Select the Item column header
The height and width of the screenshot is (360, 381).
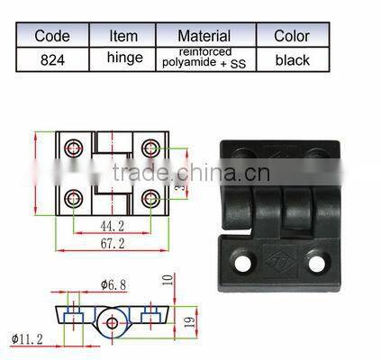(123, 36)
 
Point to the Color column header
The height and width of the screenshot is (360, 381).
(292, 36)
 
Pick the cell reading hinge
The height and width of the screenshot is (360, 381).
(123, 59)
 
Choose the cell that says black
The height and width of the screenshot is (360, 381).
(292, 59)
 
